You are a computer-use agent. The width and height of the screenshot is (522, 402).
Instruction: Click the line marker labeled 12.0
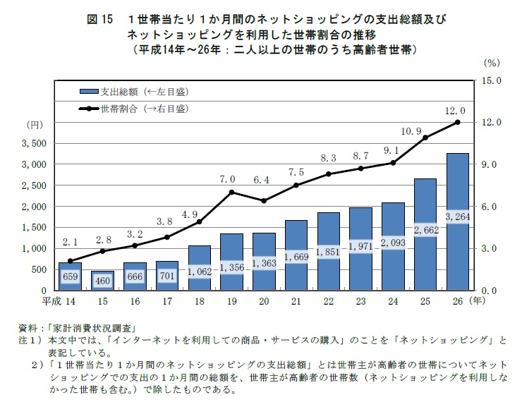(x=457, y=122)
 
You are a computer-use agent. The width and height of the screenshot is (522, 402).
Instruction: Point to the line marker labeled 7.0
(x=232, y=192)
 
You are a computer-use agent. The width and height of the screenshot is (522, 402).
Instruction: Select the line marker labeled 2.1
(x=69, y=261)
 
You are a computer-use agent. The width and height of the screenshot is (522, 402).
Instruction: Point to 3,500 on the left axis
(x=35, y=143)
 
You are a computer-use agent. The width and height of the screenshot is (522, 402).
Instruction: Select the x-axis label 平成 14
(x=59, y=303)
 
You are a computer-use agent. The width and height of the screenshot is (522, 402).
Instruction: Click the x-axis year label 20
(x=265, y=303)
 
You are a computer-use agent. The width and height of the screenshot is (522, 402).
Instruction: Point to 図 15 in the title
(x=99, y=17)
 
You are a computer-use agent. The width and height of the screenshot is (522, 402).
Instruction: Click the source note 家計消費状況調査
(x=92, y=329)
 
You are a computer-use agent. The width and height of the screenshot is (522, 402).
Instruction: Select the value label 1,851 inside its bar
(x=329, y=252)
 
